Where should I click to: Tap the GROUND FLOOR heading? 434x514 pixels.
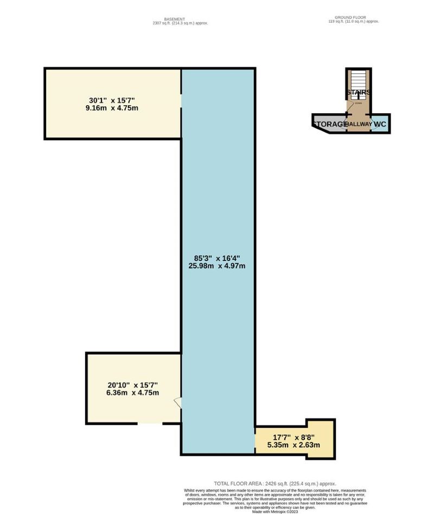coord(353,17)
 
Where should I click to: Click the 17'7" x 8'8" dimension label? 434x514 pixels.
coord(293,436)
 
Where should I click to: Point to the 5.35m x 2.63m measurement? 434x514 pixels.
coord(293,445)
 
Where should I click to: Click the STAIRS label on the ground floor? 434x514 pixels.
coord(359,92)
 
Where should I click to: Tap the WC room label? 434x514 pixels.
coord(380,124)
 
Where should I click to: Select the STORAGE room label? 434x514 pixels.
coord(329,124)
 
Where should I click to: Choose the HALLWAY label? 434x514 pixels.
coord(359,124)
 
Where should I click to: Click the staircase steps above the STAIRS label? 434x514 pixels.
coord(359,80)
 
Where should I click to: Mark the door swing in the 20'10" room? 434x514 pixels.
coord(177,403)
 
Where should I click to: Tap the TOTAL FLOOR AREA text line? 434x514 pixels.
coord(275,483)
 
